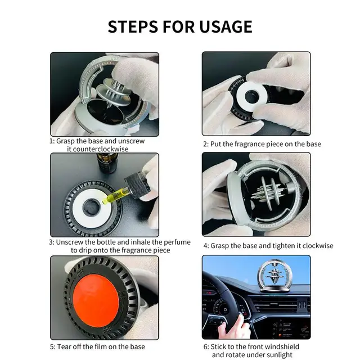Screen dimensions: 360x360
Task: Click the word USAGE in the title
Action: coord(226,26)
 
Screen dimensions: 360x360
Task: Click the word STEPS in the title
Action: coord(133,26)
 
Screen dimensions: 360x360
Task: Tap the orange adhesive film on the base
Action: coord(96,298)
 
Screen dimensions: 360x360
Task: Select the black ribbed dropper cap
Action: coord(137,185)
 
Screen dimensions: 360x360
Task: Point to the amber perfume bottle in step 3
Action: coord(107,163)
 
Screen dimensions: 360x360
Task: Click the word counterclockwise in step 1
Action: coord(98,149)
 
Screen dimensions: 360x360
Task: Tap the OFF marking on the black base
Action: coord(81,273)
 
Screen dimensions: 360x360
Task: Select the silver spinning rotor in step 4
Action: coord(268,193)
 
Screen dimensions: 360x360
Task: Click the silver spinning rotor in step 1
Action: coord(114,92)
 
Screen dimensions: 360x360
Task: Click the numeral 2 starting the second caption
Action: coord(205,144)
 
